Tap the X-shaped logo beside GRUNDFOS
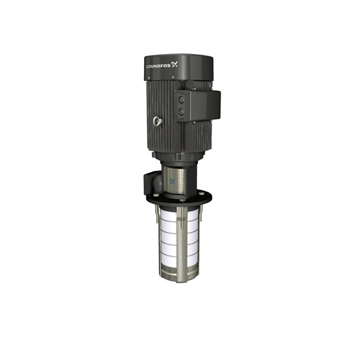(175, 64)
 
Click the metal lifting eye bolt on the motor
(158, 122)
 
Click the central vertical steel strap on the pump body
(181, 240)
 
